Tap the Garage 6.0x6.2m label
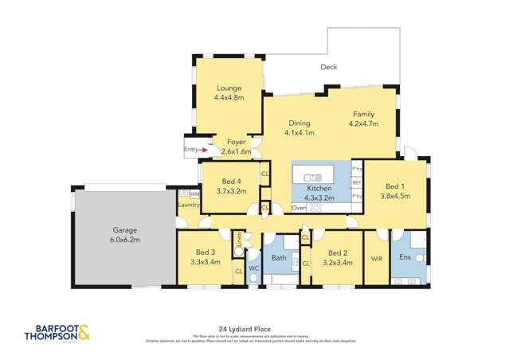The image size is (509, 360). (123, 234)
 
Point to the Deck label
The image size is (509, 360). (329, 68)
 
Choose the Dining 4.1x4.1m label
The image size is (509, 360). (300, 127)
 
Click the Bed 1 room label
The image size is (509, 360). (395, 190)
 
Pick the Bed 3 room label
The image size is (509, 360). (205, 256)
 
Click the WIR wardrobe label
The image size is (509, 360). (377, 258)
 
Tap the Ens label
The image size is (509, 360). (405, 257)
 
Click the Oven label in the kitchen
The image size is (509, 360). (300, 208)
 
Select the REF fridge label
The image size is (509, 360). (357, 182)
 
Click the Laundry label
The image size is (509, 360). (188, 205)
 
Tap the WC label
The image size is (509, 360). (253, 268)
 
